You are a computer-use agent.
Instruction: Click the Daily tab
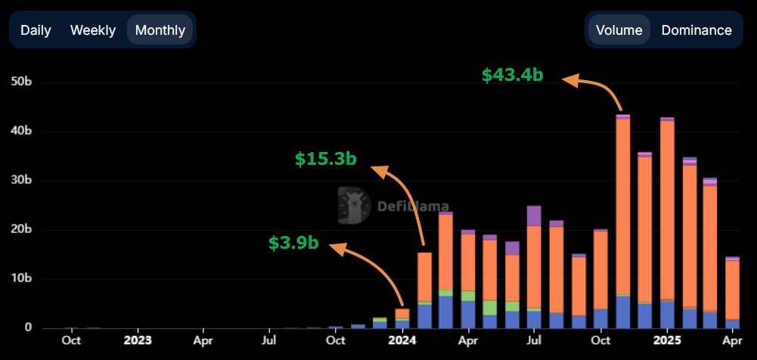tap(36, 30)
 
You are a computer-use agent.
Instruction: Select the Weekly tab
tap(93, 30)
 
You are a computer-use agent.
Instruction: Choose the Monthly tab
tap(160, 30)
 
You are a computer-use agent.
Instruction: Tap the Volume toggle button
tap(619, 30)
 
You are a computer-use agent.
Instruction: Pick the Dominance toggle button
tap(697, 30)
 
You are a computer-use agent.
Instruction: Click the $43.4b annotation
tap(513, 75)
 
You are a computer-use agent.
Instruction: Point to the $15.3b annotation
tap(325, 159)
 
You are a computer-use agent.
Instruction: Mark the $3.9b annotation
tap(293, 243)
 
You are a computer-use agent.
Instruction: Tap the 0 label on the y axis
tap(28, 328)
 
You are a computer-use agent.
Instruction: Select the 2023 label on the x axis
tap(138, 340)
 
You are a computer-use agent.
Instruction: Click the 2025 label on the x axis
tap(667, 340)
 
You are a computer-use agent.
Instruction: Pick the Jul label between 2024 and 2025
tap(534, 340)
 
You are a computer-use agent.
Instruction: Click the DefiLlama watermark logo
tap(393, 206)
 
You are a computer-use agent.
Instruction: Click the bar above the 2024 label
tap(402, 318)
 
